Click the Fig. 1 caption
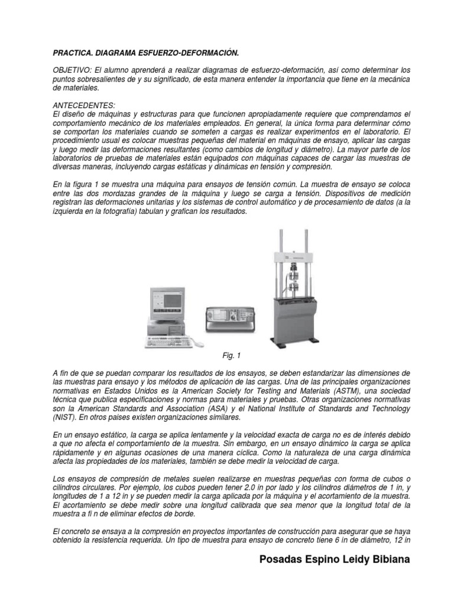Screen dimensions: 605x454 [x=228, y=356]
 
